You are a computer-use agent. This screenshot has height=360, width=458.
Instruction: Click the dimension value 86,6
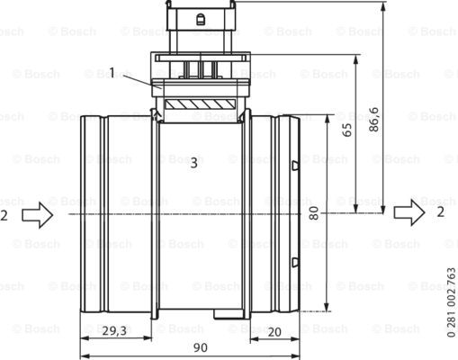[x=373, y=120]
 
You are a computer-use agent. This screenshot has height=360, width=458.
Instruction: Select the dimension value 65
[x=346, y=130]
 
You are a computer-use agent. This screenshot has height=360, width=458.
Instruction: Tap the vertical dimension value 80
[x=314, y=213]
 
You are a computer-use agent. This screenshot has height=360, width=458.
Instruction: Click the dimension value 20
[x=274, y=332]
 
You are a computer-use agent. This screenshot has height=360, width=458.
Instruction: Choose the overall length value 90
[x=201, y=347]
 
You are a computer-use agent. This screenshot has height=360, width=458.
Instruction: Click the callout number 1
[x=112, y=73]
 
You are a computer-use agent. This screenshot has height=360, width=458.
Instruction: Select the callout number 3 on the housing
[x=194, y=163]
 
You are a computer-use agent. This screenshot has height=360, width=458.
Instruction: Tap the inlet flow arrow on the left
[x=38, y=215]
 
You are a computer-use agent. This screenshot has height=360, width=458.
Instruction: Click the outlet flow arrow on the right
[x=409, y=212]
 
